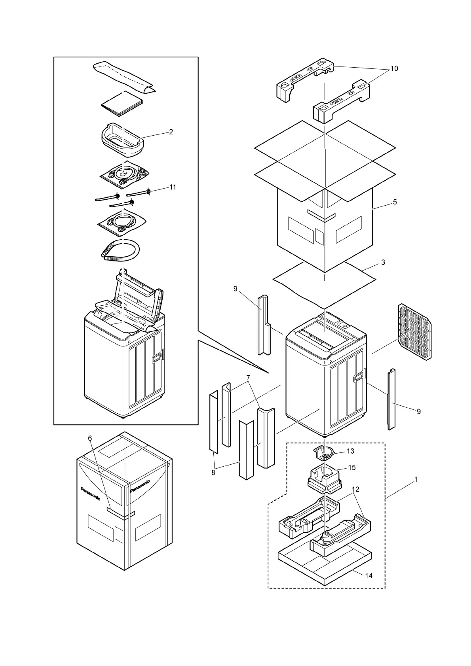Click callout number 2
171,132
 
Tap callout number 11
173,187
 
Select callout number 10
394,69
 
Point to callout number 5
395,202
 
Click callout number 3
383,262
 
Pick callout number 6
90,438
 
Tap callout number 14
368,576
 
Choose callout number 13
350,451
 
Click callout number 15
352,468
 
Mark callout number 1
416,479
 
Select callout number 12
355,490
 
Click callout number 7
248,378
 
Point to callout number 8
213,473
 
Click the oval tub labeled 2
122,140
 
